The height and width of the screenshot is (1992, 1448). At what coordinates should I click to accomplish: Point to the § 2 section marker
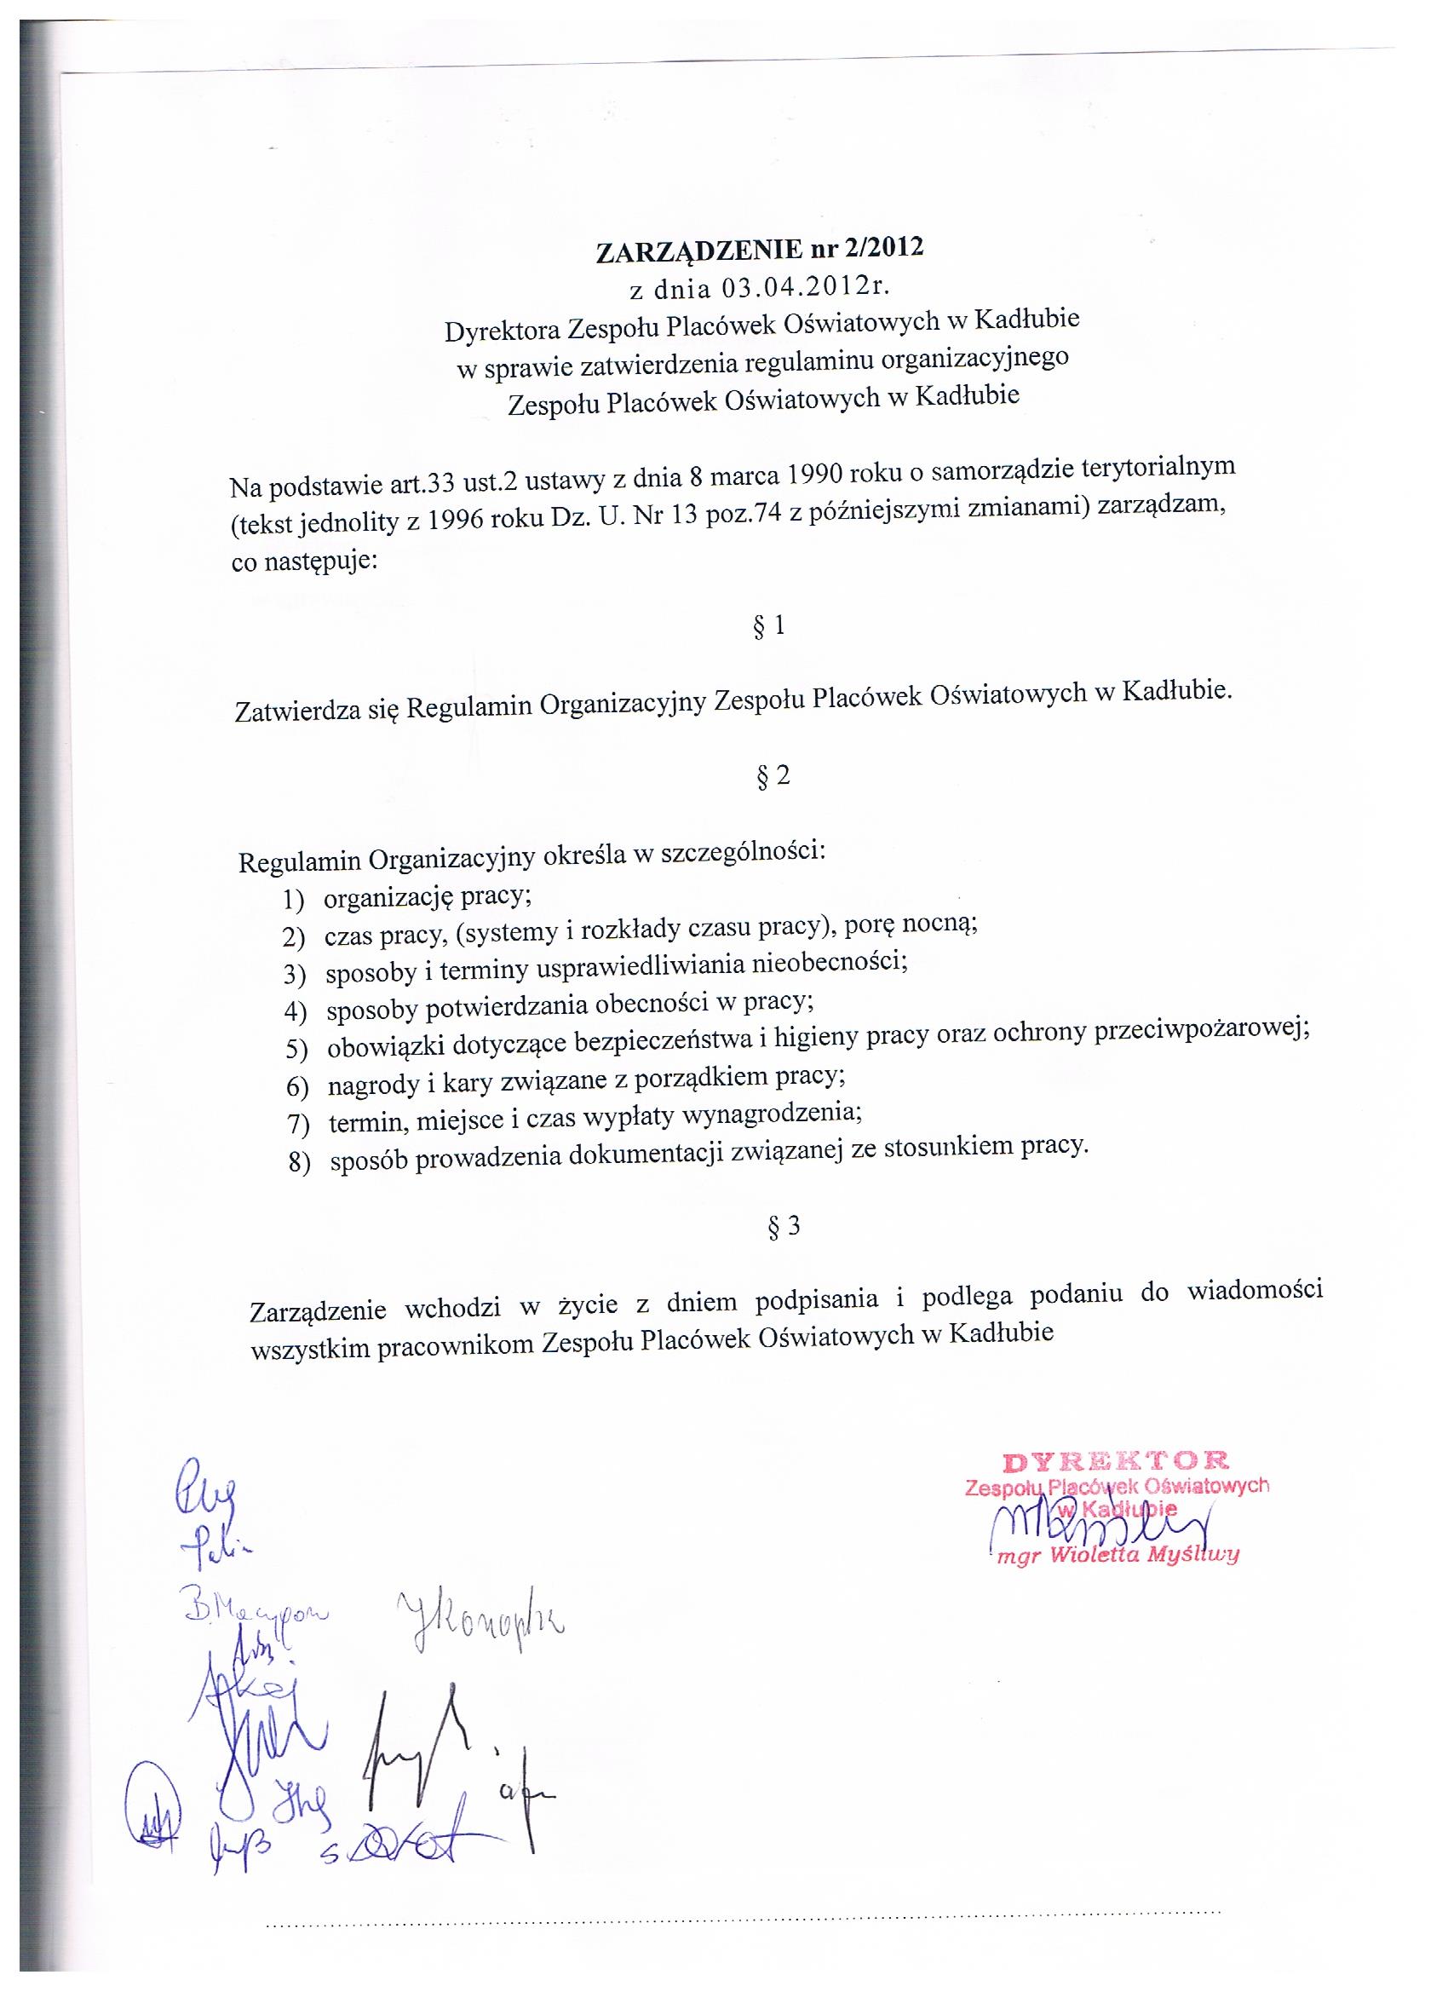tap(773, 776)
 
